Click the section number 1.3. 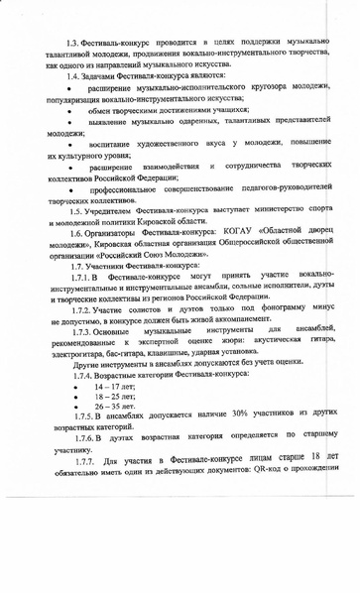pyautogui.click(x=73, y=46)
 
